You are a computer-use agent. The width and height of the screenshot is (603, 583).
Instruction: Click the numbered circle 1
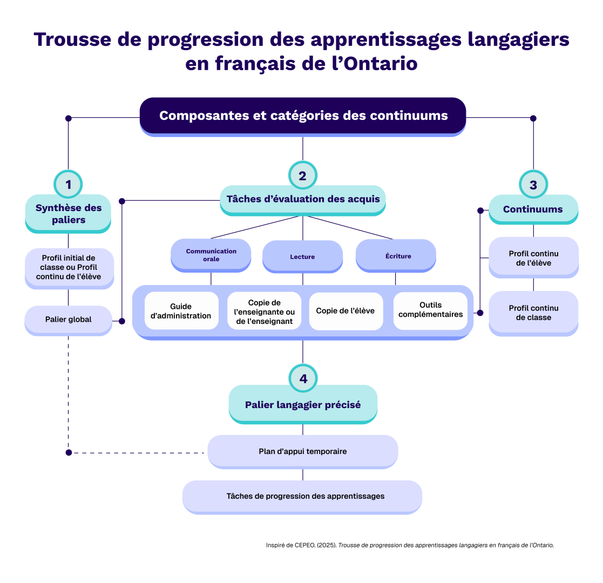[x=69, y=185]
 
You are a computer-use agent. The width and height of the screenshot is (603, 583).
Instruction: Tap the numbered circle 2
[x=302, y=175]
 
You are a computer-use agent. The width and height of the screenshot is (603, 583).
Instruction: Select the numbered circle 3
[x=533, y=185]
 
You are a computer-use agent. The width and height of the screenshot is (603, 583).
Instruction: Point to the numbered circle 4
[x=303, y=378]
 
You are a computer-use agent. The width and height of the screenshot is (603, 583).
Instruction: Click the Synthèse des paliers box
[x=68, y=213]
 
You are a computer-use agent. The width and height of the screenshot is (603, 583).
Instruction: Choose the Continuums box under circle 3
[x=533, y=209]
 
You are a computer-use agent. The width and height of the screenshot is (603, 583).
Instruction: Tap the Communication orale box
[x=211, y=255]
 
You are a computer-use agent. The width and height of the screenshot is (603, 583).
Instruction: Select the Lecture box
[x=302, y=256]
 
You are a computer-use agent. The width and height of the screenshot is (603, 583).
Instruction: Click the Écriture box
[x=396, y=256]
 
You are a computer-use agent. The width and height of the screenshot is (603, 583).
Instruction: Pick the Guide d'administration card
[x=181, y=311]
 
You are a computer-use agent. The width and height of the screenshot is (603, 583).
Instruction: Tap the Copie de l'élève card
[x=345, y=311]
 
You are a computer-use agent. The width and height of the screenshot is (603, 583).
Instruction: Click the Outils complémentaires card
[x=430, y=310]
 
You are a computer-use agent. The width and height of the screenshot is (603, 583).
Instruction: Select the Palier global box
[x=68, y=320]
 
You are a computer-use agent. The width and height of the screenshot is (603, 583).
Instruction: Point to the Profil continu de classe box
[x=533, y=313]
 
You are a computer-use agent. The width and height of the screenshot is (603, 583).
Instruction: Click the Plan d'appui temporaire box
[x=302, y=451]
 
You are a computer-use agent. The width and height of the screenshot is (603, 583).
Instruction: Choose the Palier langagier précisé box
[x=303, y=404]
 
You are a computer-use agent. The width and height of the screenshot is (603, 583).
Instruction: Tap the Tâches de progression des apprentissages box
[x=302, y=496]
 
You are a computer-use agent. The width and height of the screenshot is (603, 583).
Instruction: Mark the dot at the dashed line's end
[x=68, y=452]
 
